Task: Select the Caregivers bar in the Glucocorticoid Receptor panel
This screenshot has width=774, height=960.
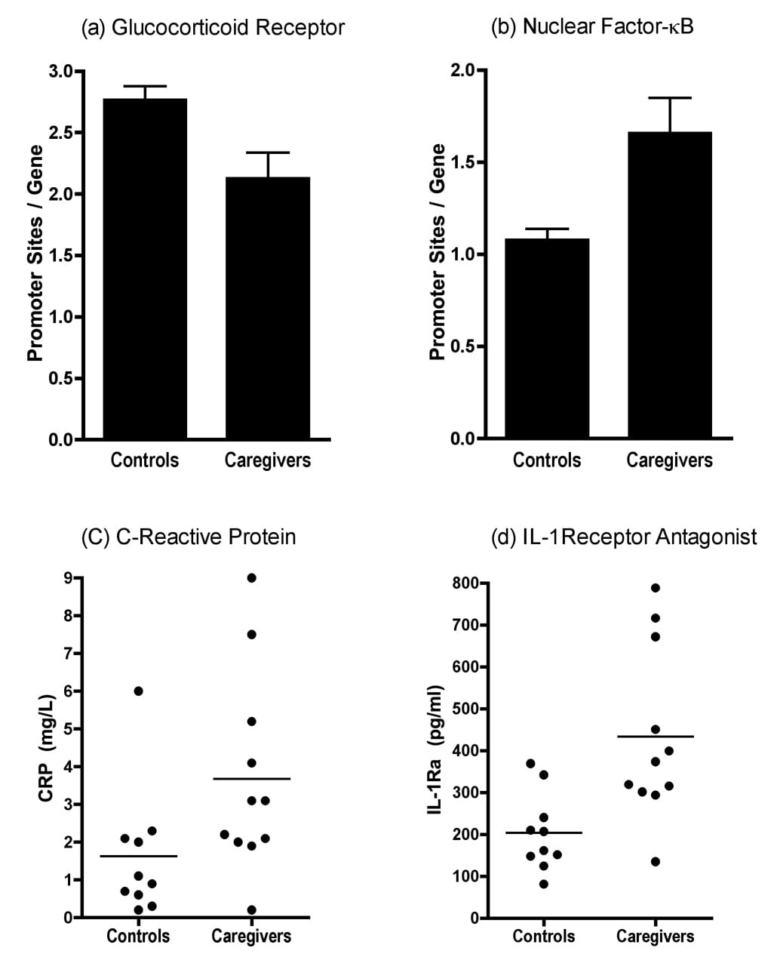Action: tap(268, 308)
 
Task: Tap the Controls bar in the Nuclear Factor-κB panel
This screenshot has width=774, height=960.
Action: tap(547, 338)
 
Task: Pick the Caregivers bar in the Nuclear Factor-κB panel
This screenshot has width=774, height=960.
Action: tap(670, 285)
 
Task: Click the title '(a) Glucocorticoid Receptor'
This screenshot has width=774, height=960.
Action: tap(213, 28)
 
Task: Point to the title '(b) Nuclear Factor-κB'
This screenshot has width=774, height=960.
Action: tap(592, 27)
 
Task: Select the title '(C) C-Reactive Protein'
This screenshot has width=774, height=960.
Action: tap(189, 537)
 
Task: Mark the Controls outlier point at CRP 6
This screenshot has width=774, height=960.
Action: tap(138, 691)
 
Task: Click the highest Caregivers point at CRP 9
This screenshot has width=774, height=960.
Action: tap(252, 578)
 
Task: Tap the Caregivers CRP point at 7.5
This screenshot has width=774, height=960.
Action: tap(252, 635)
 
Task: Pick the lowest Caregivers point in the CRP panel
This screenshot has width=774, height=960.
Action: tap(252, 910)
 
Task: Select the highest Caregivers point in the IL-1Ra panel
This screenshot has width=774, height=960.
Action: tap(656, 588)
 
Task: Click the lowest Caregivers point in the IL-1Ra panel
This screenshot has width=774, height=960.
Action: tap(656, 862)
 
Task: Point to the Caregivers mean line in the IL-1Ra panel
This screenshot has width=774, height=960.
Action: tap(656, 736)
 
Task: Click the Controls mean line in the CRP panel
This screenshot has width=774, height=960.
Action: tap(138, 856)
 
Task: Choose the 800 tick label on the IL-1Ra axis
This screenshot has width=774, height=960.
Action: tap(465, 583)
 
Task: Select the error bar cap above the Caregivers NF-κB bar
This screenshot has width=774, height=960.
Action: tap(670, 97)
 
